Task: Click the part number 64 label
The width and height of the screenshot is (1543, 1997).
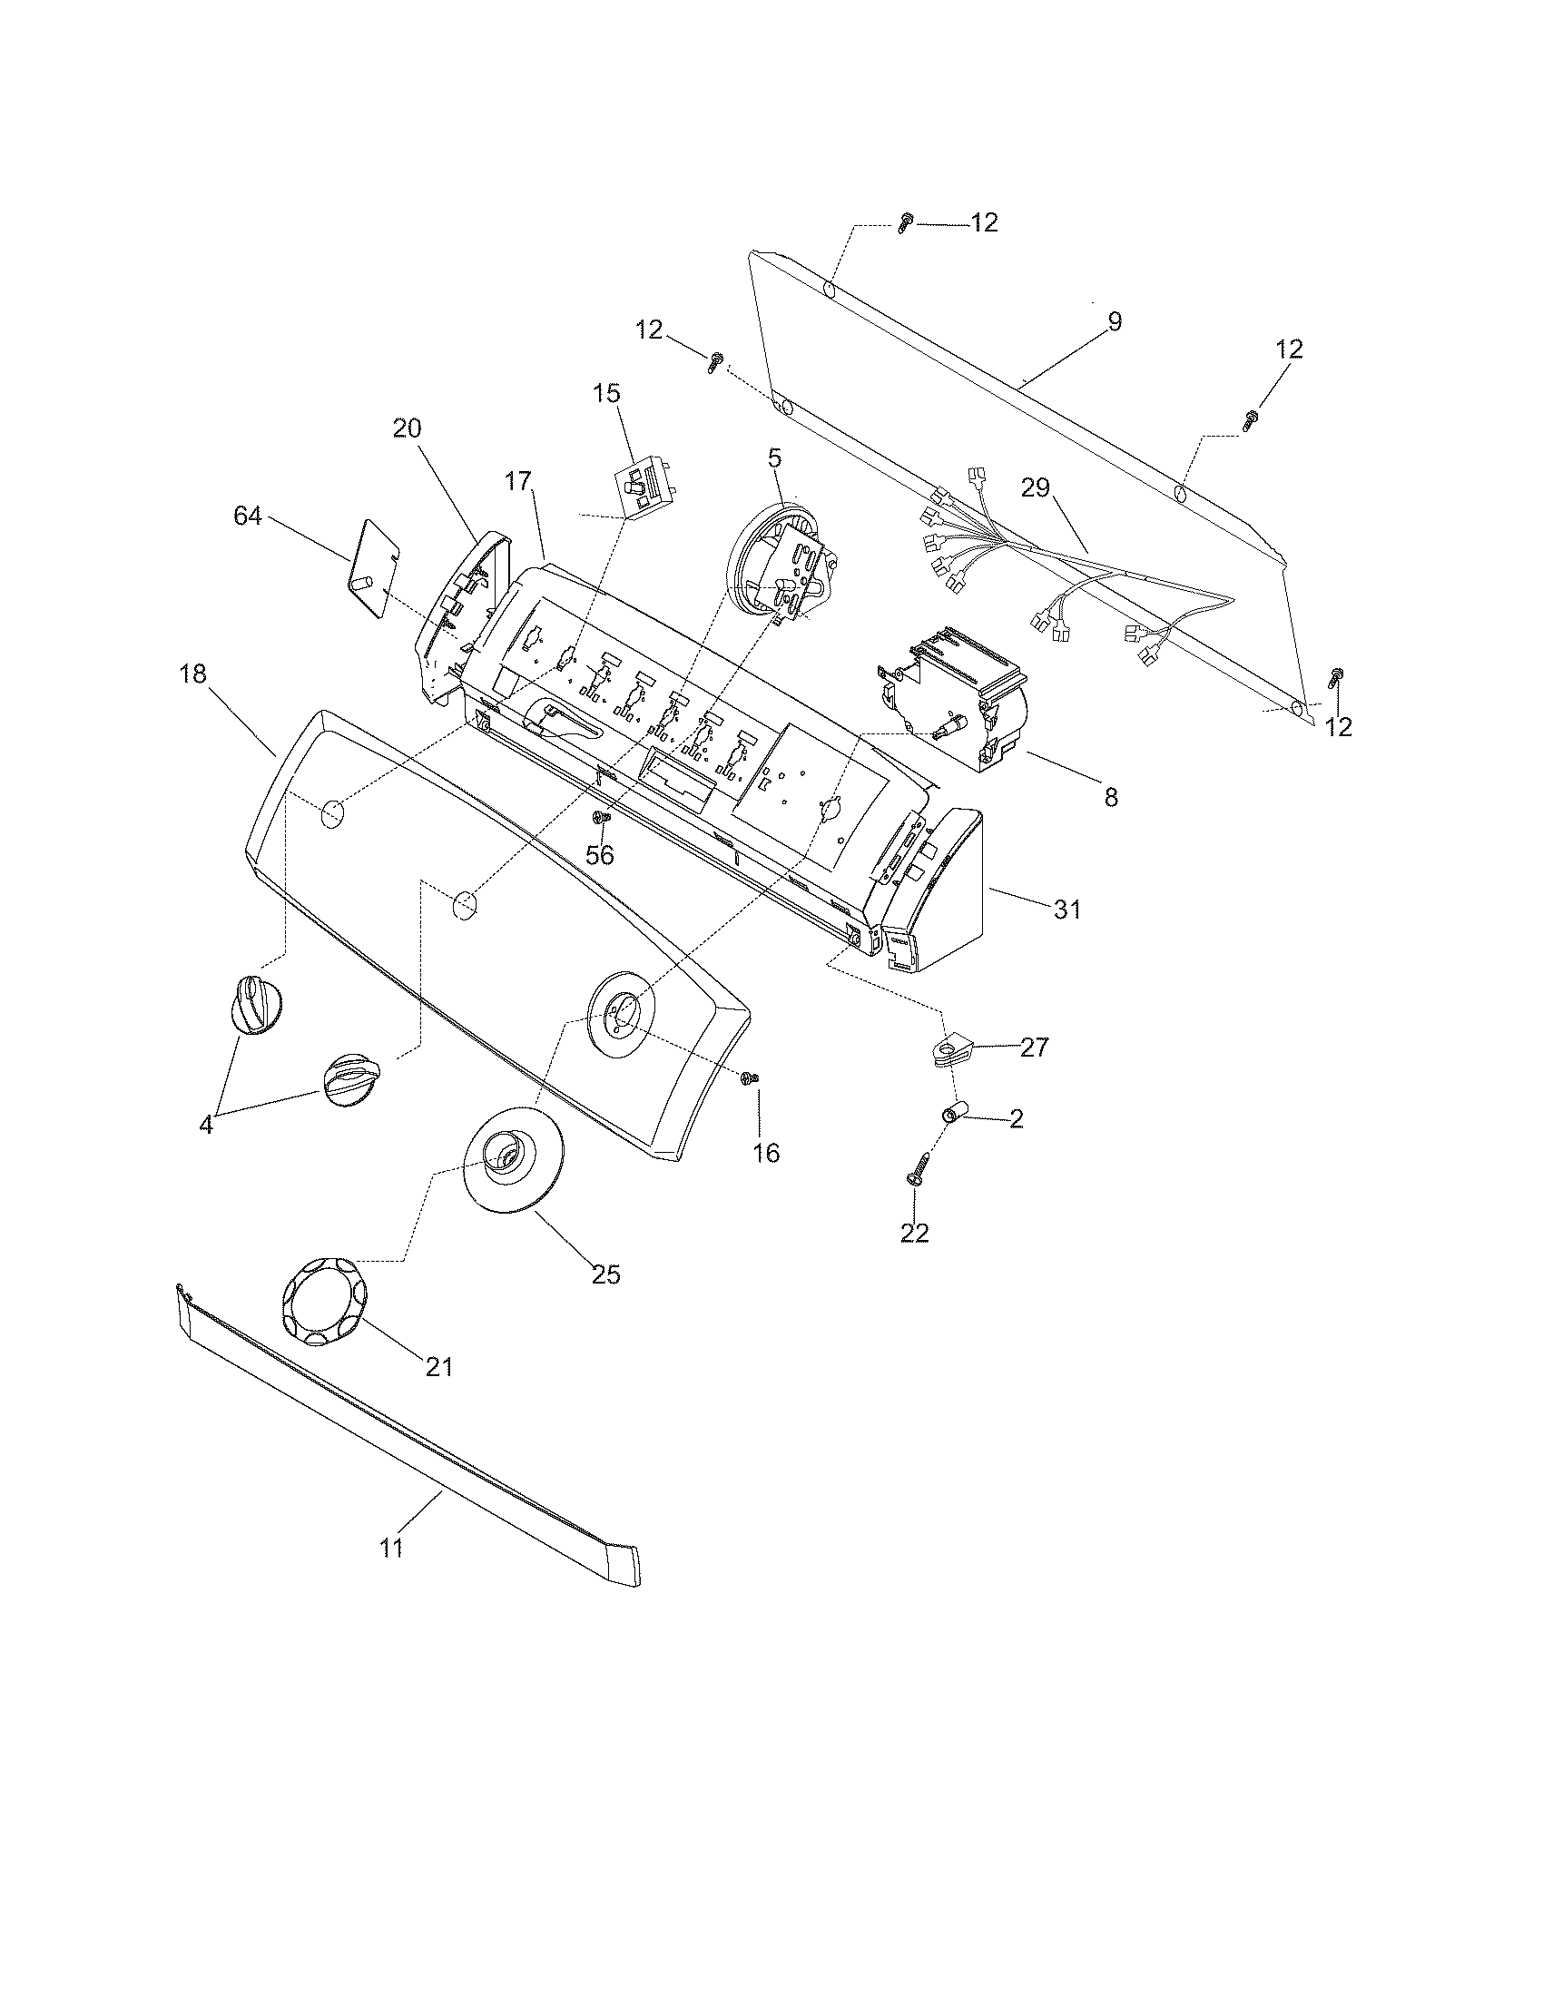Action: pos(247,517)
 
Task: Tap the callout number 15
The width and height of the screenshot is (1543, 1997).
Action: pos(606,394)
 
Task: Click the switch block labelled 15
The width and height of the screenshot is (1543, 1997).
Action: pos(645,488)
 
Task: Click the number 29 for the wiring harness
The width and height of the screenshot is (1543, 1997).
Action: pos(1036,488)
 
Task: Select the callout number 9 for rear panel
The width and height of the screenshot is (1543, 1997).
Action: pos(1114,322)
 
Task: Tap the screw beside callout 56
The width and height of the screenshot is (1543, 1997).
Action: pos(602,817)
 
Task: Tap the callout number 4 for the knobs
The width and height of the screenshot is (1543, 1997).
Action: pos(206,1125)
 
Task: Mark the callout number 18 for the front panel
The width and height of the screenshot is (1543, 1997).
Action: pos(194,674)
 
